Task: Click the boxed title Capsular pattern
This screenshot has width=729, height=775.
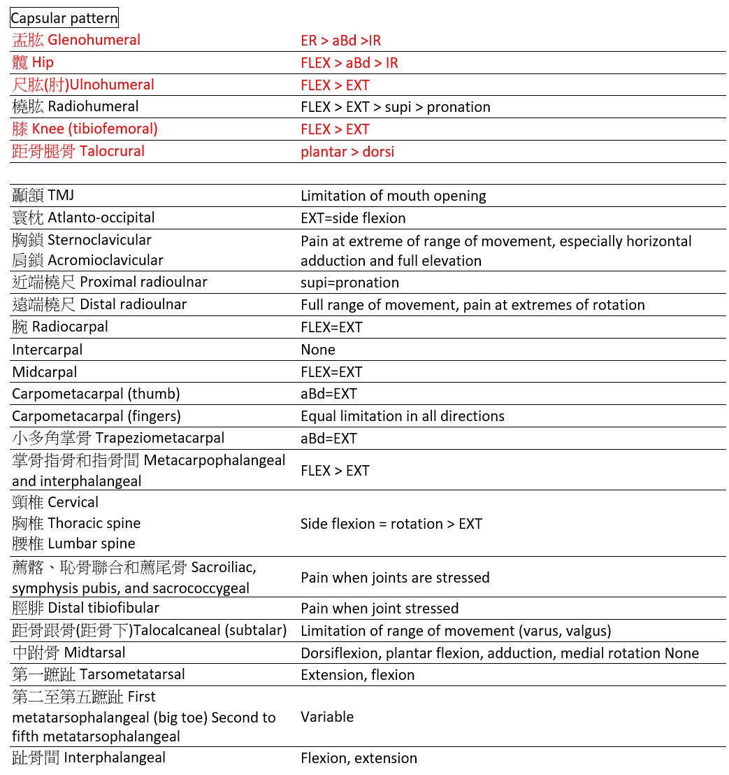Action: click(x=64, y=18)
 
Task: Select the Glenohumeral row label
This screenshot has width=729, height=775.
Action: click(x=76, y=40)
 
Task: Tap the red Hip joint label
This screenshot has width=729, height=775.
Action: click(x=33, y=62)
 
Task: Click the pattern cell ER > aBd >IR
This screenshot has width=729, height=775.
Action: click(x=340, y=41)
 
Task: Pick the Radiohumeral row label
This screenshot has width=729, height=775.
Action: click(x=75, y=106)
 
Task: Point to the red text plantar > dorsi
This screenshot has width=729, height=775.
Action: click(x=347, y=151)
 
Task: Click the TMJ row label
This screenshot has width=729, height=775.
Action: click(x=43, y=195)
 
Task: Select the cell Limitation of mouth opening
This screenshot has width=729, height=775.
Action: click(x=393, y=196)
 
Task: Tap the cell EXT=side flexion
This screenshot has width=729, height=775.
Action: click(x=353, y=218)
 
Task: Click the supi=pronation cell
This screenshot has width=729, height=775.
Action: click(x=349, y=283)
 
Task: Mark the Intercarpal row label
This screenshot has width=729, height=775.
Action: click(x=47, y=350)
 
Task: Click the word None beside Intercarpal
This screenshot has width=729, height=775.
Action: click(x=317, y=350)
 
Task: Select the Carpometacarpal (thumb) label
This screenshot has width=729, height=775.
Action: click(x=96, y=394)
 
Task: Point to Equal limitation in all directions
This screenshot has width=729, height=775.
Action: click(x=402, y=416)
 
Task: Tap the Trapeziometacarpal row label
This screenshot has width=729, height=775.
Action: click(x=118, y=439)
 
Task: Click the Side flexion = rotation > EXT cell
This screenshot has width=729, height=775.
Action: click(x=391, y=524)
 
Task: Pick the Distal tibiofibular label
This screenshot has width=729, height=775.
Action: click(x=85, y=608)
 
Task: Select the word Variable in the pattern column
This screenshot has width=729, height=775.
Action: click(x=326, y=717)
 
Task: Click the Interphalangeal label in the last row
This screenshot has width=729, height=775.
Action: click(x=89, y=758)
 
